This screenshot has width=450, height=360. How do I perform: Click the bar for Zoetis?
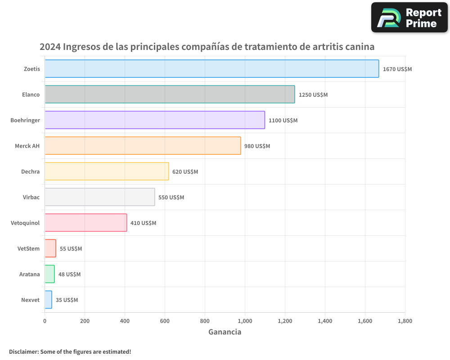click(211, 69)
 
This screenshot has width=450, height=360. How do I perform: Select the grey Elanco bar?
click(170, 94)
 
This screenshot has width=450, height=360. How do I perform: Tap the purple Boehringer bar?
click(155, 120)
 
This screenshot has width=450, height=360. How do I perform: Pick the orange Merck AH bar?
click(143, 146)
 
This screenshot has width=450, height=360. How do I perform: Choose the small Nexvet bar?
click(49, 300)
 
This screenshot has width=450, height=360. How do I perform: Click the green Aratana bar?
click(49, 274)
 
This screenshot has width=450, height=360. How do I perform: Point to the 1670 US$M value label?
click(397, 69)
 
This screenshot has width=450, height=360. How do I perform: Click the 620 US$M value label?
click(185, 172)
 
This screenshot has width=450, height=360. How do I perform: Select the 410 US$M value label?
click(143, 223)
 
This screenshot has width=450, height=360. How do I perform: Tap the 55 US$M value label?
click(71, 249)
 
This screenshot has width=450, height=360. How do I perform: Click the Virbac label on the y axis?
click(31, 197)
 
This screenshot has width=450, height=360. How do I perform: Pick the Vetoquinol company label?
click(25, 223)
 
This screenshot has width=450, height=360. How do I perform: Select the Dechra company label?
click(30, 171)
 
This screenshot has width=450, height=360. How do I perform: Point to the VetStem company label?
click(28, 248)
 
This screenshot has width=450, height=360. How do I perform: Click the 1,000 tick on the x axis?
click(245, 321)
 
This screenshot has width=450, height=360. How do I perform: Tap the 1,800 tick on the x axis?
click(405, 321)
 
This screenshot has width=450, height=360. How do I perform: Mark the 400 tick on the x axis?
click(125, 321)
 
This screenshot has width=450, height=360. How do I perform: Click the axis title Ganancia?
click(225, 332)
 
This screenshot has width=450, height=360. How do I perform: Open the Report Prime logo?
click(409, 18)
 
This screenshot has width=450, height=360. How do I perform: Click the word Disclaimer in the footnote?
click(23, 351)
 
